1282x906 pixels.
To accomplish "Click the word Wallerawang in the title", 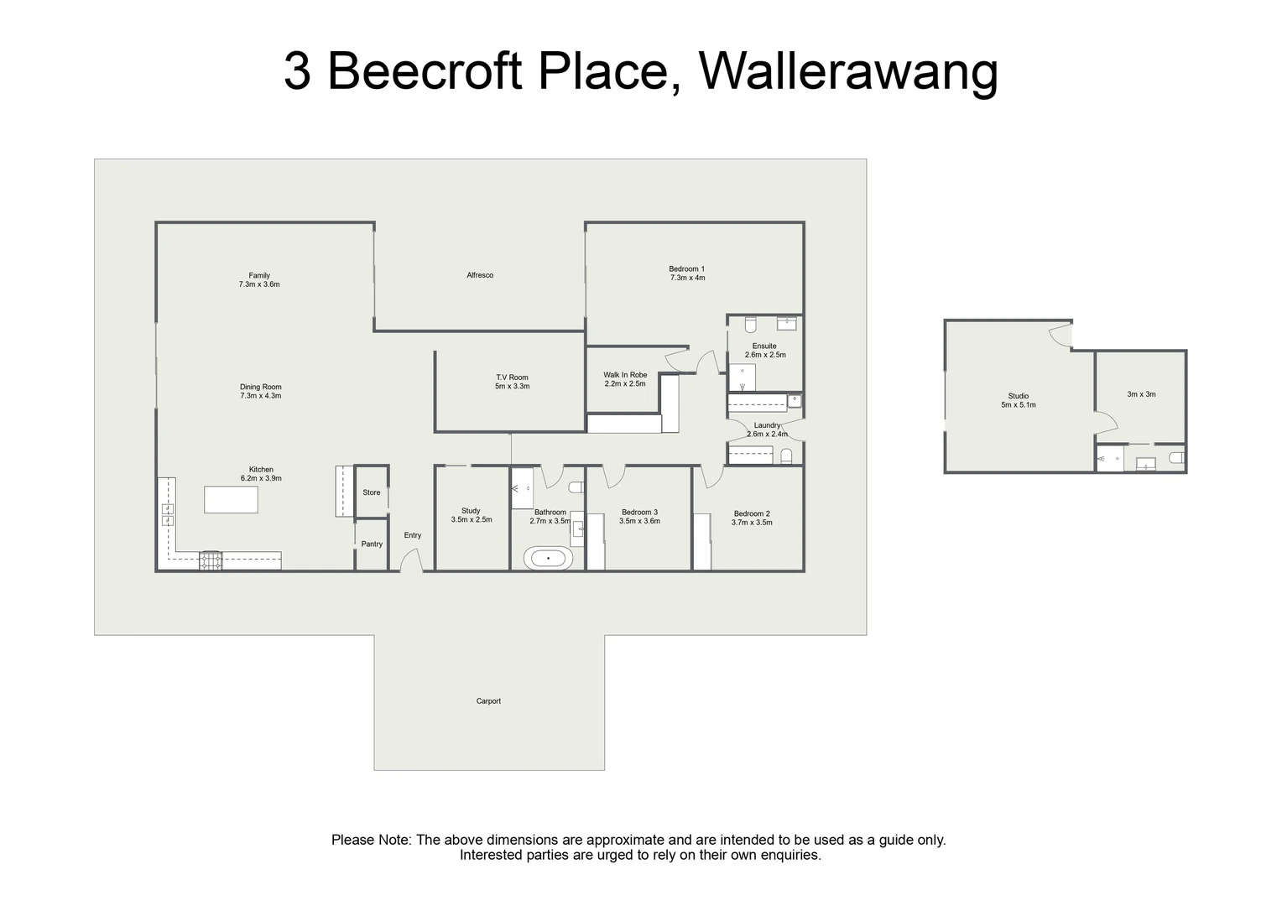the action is pyautogui.click(x=848, y=71).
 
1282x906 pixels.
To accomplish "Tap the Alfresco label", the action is pyautogui.click(x=480, y=275).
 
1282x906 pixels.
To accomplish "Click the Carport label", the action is pyautogui.click(x=488, y=701).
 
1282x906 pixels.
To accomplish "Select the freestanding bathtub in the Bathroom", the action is pyautogui.click(x=548, y=558).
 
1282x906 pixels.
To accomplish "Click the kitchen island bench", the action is pyautogui.click(x=232, y=500).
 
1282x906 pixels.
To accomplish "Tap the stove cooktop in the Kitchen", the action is pyautogui.click(x=210, y=560).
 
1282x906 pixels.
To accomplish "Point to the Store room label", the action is pyautogui.click(x=372, y=492).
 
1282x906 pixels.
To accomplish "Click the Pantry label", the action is pyautogui.click(x=372, y=544).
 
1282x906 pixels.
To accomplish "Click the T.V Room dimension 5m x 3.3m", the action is pyautogui.click(x=513, y=387).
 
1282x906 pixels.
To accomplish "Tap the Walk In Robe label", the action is pyautogui.click(x=625, y=375).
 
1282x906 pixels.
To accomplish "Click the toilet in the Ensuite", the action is pyautogui.click(x=751, y=325).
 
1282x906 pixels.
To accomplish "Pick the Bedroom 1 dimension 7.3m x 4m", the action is pyautogui.click(x=688, y=279).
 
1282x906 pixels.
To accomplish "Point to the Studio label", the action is pyautogui.click(x=1019, y=396).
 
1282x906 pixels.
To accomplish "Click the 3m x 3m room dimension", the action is pyautogui.click(x=1141, y=394).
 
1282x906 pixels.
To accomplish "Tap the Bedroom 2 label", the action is pyautogui.click(x=752, y=514).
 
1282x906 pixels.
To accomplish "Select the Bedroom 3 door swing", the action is pyautogui.click(x=613, y=476).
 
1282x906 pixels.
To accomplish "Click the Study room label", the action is pyautogui.click(x=471, y=511).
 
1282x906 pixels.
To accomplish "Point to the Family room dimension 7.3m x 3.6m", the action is pyautogui.click(x=259, y=284).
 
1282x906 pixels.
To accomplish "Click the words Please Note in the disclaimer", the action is pyautogui.click(x=371, y=841).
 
